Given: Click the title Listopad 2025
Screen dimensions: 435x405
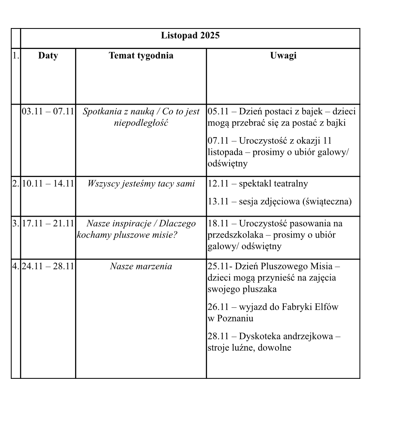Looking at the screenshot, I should (190, 35).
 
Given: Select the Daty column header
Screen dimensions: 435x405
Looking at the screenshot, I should (48, 55).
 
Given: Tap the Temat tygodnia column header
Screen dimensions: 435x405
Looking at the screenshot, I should (141, 55).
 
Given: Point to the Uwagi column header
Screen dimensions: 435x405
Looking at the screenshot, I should (283, 55).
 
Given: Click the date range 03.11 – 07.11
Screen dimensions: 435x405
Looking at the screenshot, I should (48, 112).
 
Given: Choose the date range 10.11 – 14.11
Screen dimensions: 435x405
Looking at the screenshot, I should (48, 184).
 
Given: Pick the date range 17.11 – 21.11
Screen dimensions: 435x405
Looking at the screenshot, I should (48, 224).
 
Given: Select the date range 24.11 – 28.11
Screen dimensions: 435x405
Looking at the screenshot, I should (48, 266).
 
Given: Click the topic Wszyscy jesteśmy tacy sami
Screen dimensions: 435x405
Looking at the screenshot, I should (141, 184).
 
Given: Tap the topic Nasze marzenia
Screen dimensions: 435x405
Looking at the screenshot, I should (141, 266).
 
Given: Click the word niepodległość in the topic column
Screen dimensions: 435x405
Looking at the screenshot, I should (141, 123).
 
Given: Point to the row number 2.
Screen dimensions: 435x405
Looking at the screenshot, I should (16, 184).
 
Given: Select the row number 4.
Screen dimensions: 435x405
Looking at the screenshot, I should (16, 266).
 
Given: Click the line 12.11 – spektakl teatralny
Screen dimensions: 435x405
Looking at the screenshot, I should (258, 184).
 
